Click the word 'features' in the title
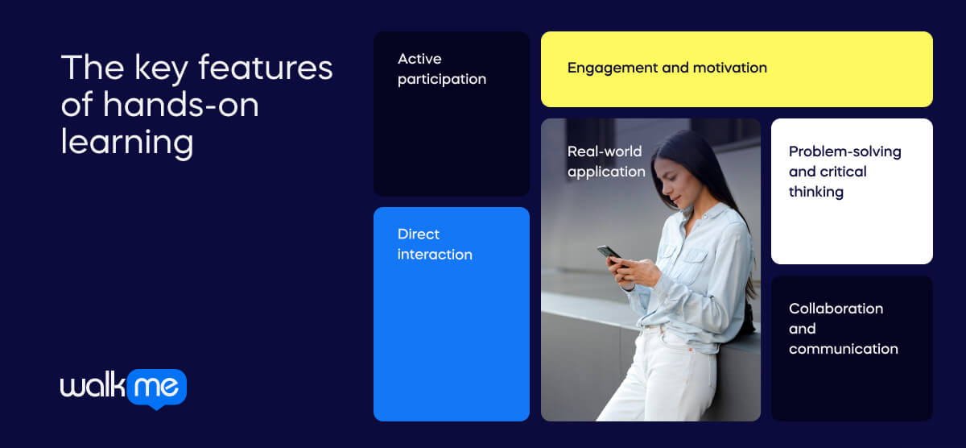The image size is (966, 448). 265,68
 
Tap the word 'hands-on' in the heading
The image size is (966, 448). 180,105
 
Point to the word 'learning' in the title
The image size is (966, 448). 127,143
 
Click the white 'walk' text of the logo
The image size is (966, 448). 93,385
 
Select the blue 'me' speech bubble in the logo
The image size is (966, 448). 157,388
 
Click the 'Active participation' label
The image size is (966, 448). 442,69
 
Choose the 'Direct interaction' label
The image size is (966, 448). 435,244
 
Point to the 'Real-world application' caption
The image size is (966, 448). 606,161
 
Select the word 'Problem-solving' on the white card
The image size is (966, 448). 844,152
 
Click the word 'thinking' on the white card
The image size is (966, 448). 816,192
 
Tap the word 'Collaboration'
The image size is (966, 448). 836,309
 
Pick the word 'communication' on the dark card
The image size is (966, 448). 843,349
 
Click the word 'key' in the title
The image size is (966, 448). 161,69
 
